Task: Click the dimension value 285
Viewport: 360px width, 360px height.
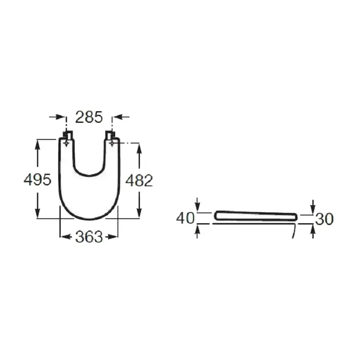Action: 89,117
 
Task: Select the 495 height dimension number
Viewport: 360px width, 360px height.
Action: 37,180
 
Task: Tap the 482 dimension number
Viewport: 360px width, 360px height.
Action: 139,180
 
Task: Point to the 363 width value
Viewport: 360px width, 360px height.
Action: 89,237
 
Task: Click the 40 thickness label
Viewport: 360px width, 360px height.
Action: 185,218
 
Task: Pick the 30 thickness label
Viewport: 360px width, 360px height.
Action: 324,219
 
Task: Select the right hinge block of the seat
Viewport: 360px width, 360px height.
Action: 110,135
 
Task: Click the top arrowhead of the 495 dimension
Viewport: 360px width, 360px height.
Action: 38,142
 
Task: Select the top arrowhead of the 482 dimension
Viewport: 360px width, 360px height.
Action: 139,147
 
